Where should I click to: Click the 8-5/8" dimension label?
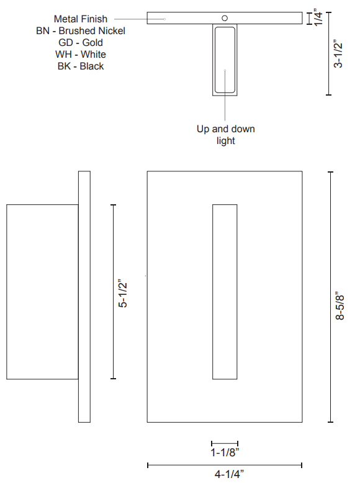[340, 305]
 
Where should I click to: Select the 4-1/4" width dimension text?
[229, 474]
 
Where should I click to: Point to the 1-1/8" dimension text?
[225, 453]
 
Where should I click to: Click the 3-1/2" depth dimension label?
[338, 53]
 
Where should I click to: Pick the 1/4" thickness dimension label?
[318, 17]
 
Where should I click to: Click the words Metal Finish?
[81, 19]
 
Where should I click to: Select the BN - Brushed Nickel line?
[81, 31]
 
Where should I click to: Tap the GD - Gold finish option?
[81, 42]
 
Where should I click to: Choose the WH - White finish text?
[81, 54]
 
